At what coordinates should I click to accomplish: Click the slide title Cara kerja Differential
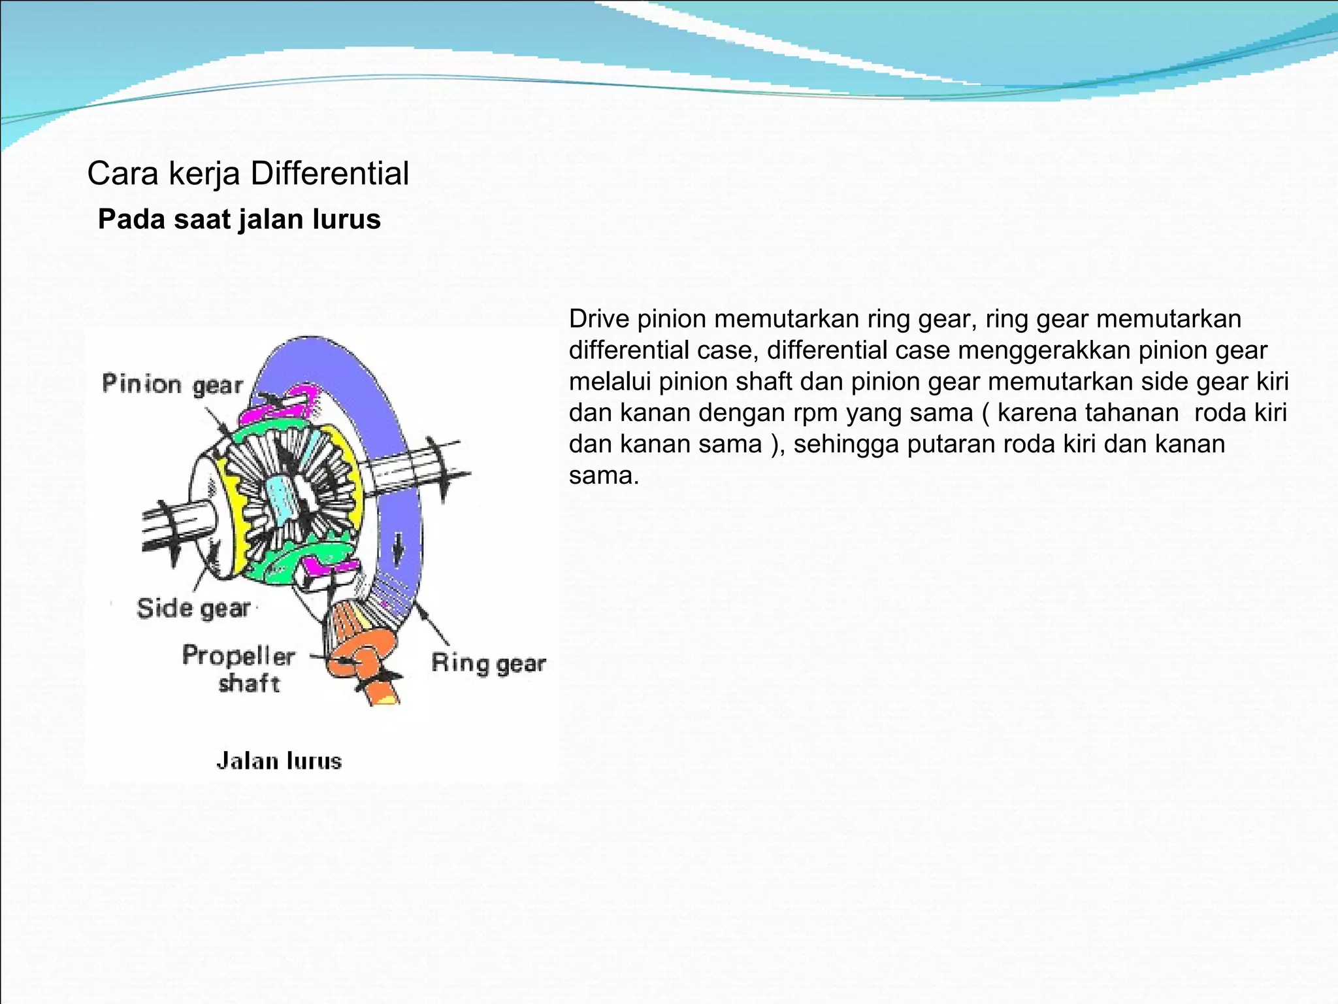pyautogui.click(x=248, y=174)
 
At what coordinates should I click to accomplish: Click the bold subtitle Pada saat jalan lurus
pyautogui.click(x=239, y=220)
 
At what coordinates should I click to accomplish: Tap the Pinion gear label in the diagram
pyautogui.click(x=172, y=384)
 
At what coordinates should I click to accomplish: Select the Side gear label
pyautogui.click(x=193, y=609)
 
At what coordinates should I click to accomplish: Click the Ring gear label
pyautogui.click(x=488, y=663)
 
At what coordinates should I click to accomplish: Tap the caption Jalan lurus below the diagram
pyautogui.click(x=279, y=761)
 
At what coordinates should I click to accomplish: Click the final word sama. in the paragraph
pyautogui.click(x=603, y=476)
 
